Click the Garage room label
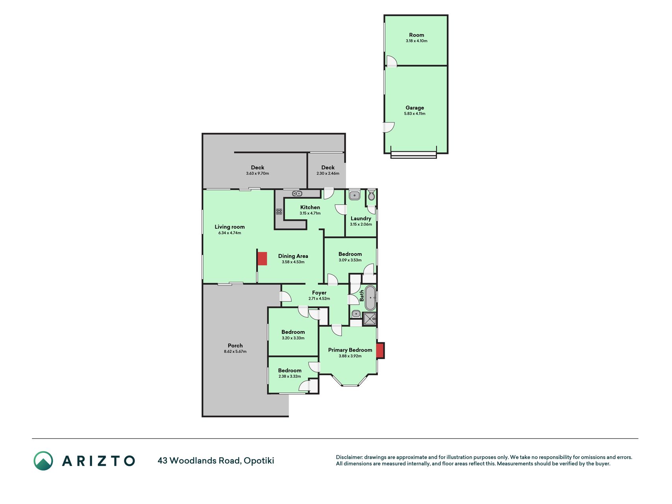point(415,107)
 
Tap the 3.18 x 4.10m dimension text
point(417,41)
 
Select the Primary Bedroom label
point(350,350)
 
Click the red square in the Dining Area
point(262,259)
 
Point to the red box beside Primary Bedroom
point(380,350)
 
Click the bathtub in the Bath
point(370,298)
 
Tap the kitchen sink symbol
point(297,193)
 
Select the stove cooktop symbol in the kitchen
point(279,211)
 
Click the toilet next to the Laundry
point(371,195)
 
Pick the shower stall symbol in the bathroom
point(370,319)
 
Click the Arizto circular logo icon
point(43,461)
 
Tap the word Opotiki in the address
point(259,461)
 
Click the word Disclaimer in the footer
point(349,457)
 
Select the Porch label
point(235,345)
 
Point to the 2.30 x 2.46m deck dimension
point(328,174)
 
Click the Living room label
point(230,227)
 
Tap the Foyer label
point(319,293)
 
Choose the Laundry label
point(361,219)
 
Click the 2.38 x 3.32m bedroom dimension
point(290,376)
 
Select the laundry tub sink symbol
point(354,195)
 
